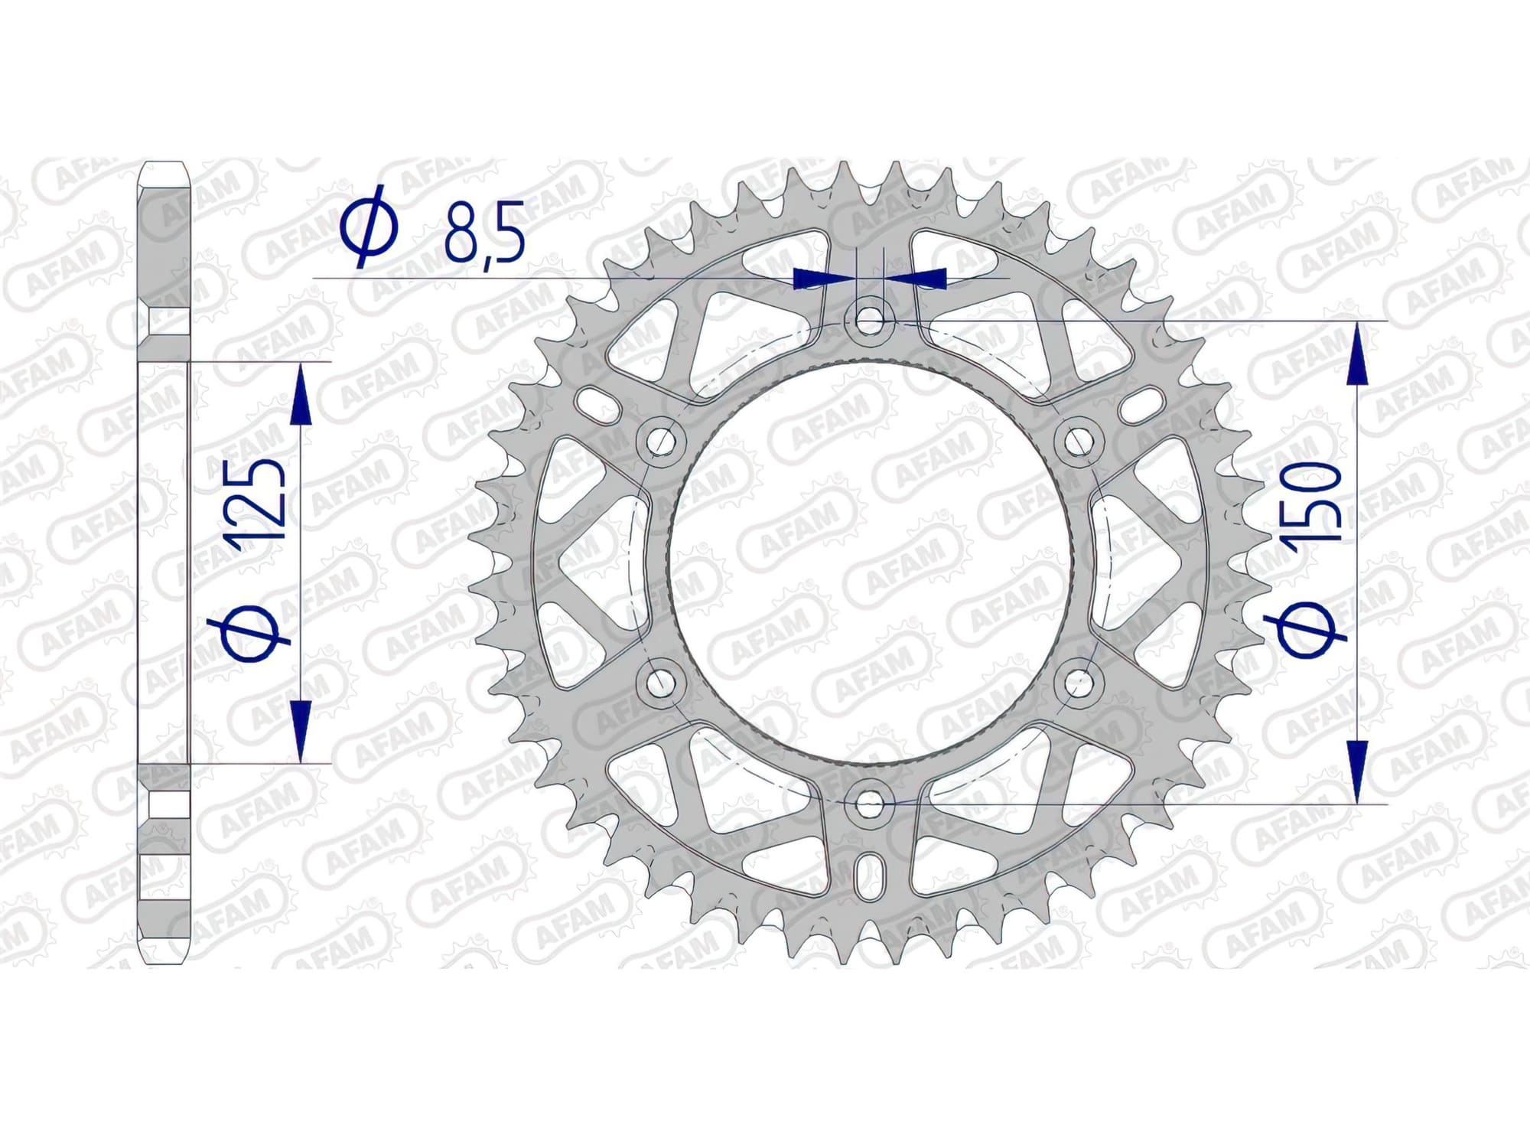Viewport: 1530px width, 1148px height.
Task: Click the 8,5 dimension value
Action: pyautogui.click(x=485, y=230)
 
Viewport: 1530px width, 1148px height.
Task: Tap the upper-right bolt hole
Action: pyautogui.click(x=1079, y=440)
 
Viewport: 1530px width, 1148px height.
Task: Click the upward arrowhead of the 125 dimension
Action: pyautogui.click(x=301, y=394)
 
